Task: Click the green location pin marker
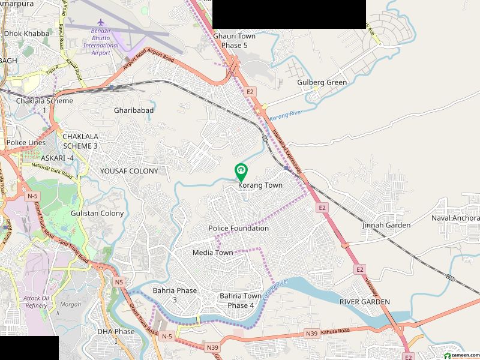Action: [241, 172]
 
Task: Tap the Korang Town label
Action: [260, 186]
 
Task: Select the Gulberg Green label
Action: [322, 83]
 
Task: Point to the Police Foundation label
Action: [238, 229]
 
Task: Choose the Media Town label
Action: [212, 253]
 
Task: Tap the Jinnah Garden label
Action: [386, 225]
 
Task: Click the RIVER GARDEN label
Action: [364, 302]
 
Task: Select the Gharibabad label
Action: [134, 110]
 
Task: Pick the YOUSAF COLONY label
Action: [129, 171]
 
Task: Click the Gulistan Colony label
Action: [97, 213]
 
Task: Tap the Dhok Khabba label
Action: [26, 34]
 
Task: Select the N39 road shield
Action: [311, 333]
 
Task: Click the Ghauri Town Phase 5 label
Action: [234, 41]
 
